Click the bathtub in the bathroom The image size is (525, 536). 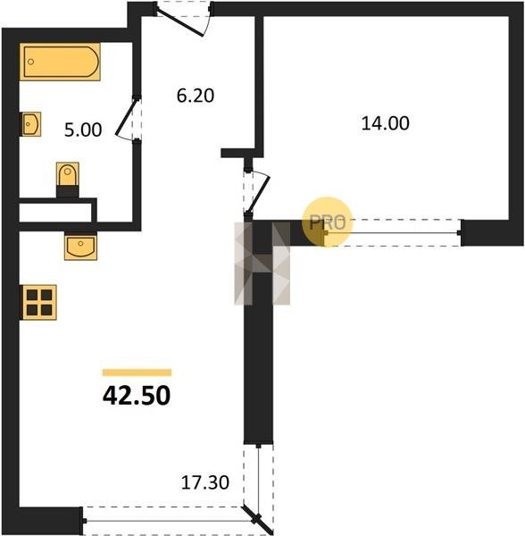coord(60,62)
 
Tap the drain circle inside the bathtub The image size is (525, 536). coord(31,62)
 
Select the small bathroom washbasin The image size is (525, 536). coord(31,124)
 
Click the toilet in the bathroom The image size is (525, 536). coord(68,180)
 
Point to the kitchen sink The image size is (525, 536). coord(80,246)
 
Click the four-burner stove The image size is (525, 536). coord(39,302)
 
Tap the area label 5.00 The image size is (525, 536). coord(83,130)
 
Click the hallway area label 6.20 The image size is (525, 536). coord(196,96)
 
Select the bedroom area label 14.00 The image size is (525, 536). coord(386,123)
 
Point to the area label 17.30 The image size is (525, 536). coord(205,482)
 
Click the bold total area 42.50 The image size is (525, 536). coord(137,395)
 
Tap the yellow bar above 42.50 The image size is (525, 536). coord(137,373)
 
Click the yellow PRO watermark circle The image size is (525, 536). coord(327,222)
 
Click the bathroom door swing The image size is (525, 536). coord(128,118)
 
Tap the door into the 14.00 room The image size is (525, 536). coord(257,191)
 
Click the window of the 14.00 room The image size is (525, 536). coord(392,233)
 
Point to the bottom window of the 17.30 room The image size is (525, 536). coord(168,521)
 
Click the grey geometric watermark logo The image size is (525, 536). coord(262,264)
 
